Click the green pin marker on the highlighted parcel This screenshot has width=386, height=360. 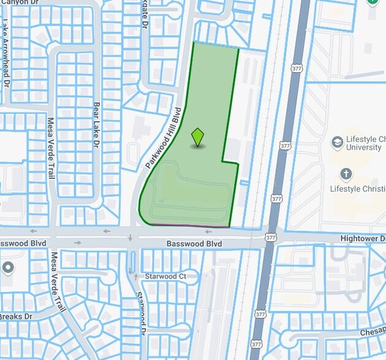tap(197, 137)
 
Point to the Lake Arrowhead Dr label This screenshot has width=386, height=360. tap(6, 53)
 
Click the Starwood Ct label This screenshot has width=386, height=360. tap(165, 277)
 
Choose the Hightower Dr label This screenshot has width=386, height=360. tap(363, 238)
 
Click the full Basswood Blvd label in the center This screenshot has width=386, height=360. tap(194, 244)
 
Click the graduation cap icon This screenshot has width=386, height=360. tap(337, 143)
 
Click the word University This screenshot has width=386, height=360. tap(365, 148)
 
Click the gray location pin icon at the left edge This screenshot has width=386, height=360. tap(7, 268)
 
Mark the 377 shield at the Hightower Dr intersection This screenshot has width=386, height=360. tap(271, 237)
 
